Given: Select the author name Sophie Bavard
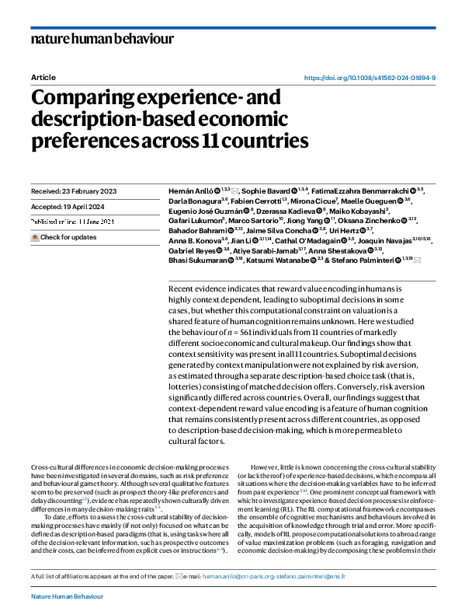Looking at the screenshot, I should (x=266, y=190).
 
